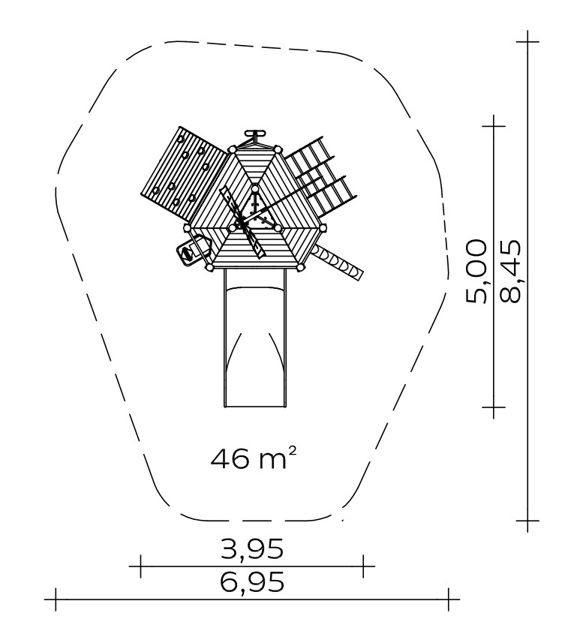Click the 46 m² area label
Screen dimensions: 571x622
(253, 458)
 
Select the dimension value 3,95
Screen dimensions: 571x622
(252, 549)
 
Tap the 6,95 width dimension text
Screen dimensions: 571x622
(252, 581)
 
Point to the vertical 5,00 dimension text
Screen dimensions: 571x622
(476, 272)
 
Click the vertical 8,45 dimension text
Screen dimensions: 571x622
(510, 272)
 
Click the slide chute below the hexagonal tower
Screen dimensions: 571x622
(255, 338)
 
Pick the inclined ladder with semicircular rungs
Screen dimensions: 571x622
(338, 262)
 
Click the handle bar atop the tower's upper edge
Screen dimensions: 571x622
(254, 133)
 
